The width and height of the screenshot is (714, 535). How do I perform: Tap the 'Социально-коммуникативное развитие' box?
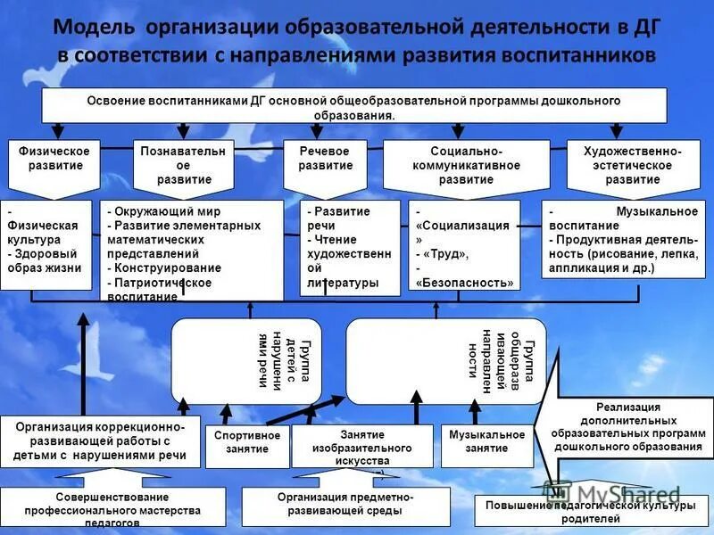(452, 165)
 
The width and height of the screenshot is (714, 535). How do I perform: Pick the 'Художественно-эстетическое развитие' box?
(633, 165)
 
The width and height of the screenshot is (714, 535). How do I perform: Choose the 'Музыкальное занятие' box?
(486, 441)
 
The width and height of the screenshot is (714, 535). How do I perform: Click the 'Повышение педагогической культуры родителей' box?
(589, 513)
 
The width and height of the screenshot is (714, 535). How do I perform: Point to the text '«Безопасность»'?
(464, 283)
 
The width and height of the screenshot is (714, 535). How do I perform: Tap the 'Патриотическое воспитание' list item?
(161, 289)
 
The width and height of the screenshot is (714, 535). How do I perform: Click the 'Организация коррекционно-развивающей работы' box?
(100, 441)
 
